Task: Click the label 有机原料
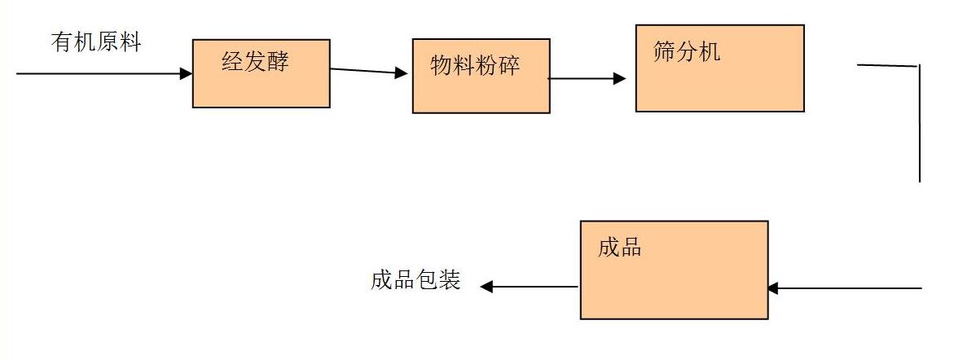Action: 96,42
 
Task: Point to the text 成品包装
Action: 416,281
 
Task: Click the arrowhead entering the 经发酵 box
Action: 187,73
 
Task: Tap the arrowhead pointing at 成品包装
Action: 486,286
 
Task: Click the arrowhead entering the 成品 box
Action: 773,288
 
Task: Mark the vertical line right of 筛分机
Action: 919,122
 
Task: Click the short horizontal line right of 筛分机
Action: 887,65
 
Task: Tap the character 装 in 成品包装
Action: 450,281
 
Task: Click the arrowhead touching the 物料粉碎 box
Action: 401,73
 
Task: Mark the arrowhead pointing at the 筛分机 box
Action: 620,79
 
